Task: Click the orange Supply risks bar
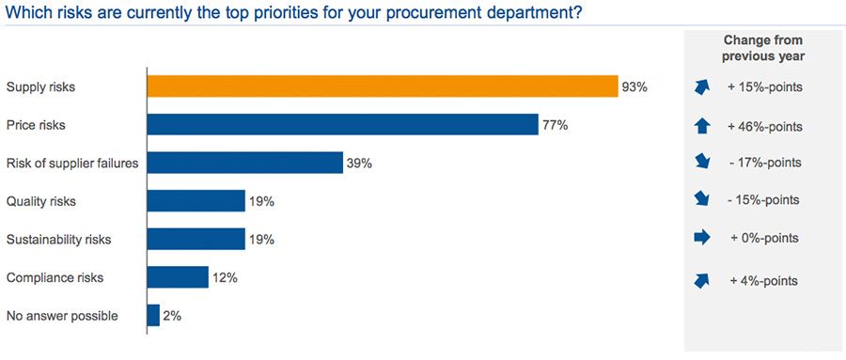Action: (x=382, y=86)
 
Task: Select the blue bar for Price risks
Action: (x=342, y=125)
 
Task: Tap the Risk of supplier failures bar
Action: (x=244, y=163)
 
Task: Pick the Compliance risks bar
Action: (x=178, y=277)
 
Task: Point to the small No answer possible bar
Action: (x=153, y=316)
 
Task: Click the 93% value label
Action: (x=634, y=87)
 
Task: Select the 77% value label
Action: (x=555, y=125)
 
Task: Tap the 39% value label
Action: (x=359, y=164)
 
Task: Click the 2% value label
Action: (x=172, y=316)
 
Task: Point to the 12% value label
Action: (x=225, y=277)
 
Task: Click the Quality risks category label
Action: (x=40, y=201)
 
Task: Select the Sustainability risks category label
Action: (x=58, y=240)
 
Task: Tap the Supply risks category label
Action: (x=40, y=87)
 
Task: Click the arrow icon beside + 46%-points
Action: (x=702, y=125)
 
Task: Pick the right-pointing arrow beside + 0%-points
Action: (x=702, y=239)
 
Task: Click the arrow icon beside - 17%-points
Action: (x=702, y=163)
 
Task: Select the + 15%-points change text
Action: (x=764, y=87)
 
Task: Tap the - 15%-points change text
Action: (x=764, y=200)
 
